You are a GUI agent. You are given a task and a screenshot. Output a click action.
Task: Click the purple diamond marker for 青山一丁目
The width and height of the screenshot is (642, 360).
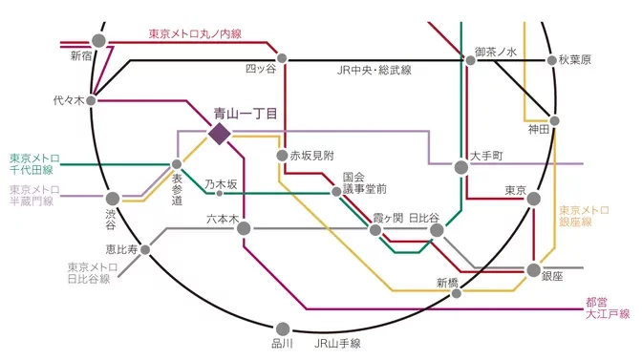click(219, 134)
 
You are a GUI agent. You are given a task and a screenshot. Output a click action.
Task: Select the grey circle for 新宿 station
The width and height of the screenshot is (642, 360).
click(98, 41)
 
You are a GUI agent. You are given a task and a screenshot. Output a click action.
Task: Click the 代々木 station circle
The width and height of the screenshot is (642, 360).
click(92, 99)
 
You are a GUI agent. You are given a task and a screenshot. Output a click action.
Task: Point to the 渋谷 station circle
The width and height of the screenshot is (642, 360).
click(113, 199)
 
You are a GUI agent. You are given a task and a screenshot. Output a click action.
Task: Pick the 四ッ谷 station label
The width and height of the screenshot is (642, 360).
click(260, 69)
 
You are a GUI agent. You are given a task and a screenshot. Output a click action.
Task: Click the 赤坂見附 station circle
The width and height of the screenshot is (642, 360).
click(282, 155)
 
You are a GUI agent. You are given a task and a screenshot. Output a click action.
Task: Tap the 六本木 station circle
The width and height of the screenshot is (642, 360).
click(244, 228)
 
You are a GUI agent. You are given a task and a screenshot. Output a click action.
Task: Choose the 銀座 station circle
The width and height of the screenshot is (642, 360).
click(533, 271)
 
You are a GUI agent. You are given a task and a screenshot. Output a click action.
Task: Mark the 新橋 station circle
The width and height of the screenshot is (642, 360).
click(457, 293)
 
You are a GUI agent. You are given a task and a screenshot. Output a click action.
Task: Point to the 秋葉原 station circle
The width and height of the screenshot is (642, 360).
click(551, 60)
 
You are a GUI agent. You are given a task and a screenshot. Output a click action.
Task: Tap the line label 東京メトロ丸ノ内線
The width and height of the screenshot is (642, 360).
click(195, 34)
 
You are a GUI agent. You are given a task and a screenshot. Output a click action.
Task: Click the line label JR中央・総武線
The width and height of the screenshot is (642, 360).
click(374, 70)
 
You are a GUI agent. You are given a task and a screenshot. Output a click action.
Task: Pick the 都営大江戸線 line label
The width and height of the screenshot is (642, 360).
click(608, 307)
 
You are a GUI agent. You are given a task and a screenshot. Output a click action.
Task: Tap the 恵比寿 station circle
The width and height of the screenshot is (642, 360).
click(145, 249)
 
